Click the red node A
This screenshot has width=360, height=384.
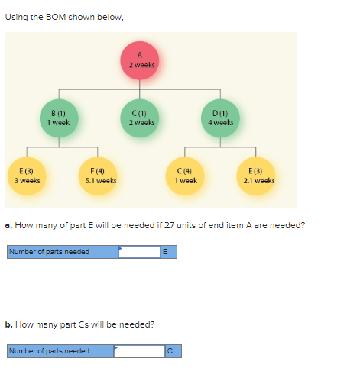141,60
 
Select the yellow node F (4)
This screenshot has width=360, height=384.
101,176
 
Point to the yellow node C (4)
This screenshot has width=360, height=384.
186,176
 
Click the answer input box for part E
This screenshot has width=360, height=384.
140,252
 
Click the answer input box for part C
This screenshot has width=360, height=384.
140,351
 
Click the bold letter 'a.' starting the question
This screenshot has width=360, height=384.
8,225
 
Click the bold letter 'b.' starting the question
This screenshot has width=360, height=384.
8,324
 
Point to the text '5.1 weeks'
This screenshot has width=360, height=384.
101,181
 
